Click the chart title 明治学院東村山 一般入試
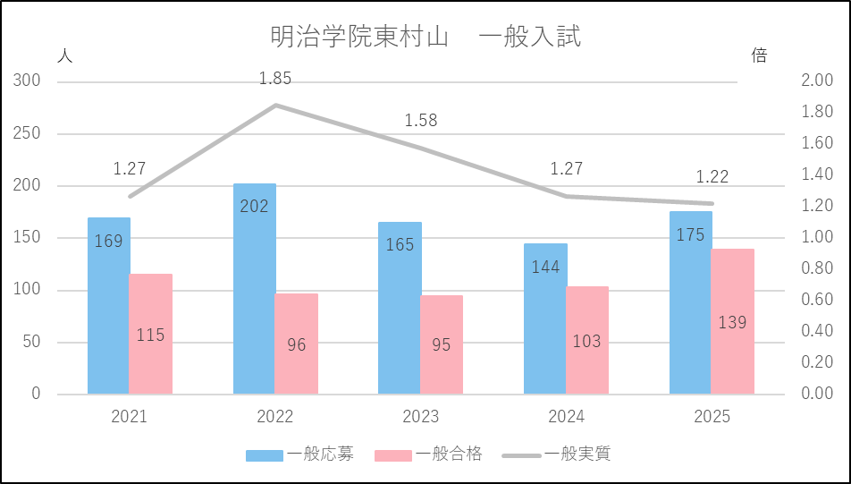point(425,38)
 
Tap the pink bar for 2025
point(733,321)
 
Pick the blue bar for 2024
point(545,318)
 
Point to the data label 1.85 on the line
point(275,79)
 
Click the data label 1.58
point(421,121)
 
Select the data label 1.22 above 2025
point(712,177)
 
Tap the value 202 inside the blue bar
point(255,207)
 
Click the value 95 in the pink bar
point(442,344)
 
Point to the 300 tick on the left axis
point(29,81)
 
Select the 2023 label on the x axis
point(421,417)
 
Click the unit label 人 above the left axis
point(64,55)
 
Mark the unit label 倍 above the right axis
point(759,55)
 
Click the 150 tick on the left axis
point(29,238)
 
